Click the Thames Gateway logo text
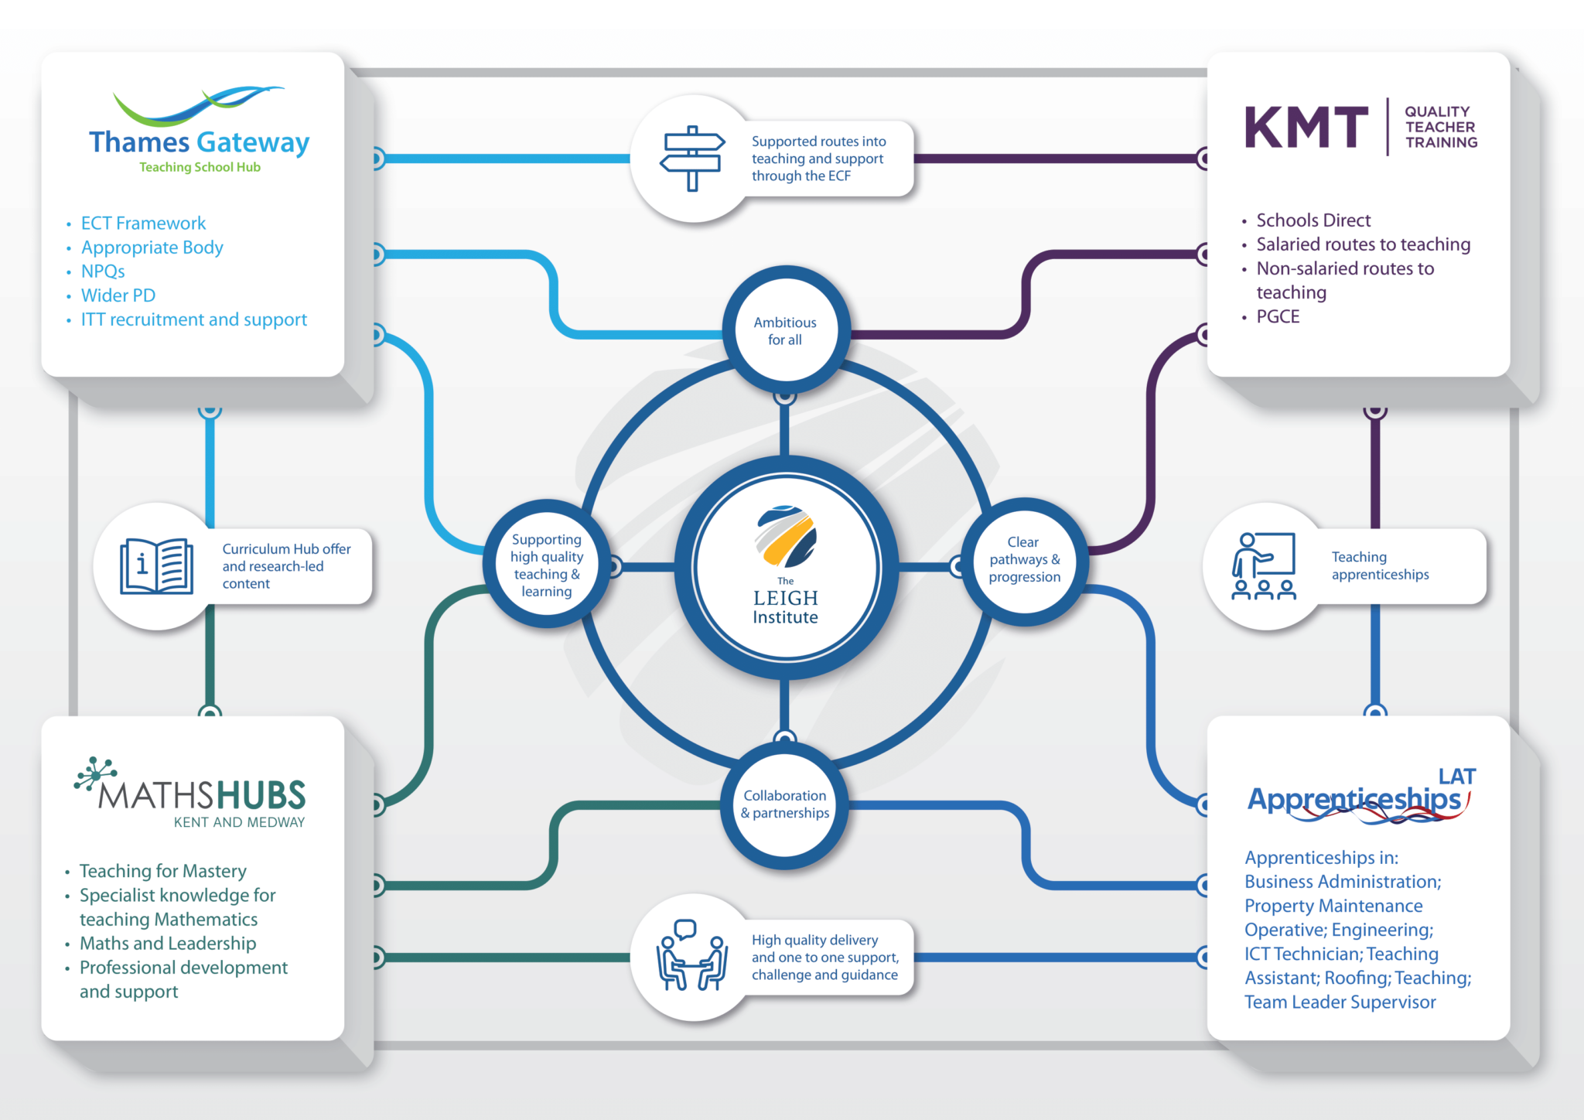point(199,142)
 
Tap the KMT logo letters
point(1306,128)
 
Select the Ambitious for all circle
point(785,331)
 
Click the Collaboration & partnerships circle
point(785,804)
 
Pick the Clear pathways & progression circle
point(1024,559)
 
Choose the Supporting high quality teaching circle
point(547,565)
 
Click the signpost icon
point(692,159)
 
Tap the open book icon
point(156,566)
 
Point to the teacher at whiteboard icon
point(1263,566)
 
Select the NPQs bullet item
point(103,271)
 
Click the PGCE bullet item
point(1278,316)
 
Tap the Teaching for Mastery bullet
point(162,871)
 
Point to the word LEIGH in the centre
point(785,598)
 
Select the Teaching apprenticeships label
point(1380,565)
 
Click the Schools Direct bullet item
point(1313,220)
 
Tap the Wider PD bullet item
point(118,295)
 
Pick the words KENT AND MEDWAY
point(239,822)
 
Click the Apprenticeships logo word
point(1354,799)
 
